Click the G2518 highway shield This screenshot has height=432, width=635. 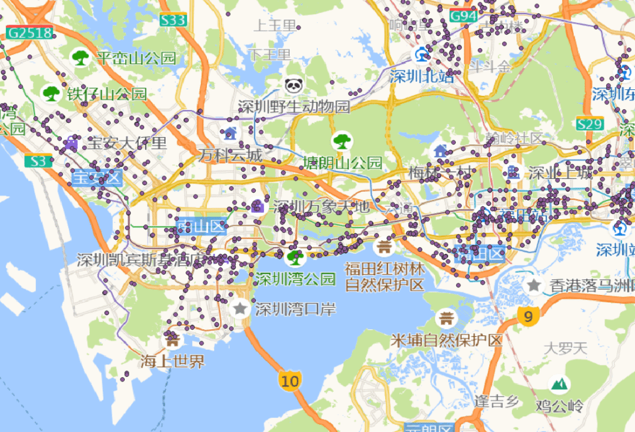pos(30,33)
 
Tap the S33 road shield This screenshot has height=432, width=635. pos(173,21)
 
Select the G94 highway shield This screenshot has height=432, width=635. pos(463,16)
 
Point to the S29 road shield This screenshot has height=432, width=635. pos(590,124)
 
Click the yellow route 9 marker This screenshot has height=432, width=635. pos(528,317)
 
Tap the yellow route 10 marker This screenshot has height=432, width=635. pos(290,381)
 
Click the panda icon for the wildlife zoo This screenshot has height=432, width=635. pos(293,86)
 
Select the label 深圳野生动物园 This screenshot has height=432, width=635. pos(294,107)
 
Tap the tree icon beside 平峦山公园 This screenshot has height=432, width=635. pos(80,58)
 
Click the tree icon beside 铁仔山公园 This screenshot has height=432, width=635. pos(51,93)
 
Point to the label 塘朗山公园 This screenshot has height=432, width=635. pos(343,162)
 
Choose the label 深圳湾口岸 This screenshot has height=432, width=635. pos(296,309)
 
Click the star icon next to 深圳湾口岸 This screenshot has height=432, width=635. pos(240,307)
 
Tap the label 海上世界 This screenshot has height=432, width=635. pos(172,361)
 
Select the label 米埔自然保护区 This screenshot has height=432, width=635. pos(447,340)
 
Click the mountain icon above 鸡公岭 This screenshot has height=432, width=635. pos(559,384)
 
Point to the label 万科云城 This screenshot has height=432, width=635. pos(230,156)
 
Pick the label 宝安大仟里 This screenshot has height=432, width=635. pos(127,143)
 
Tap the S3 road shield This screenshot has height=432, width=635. pos(38,160)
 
